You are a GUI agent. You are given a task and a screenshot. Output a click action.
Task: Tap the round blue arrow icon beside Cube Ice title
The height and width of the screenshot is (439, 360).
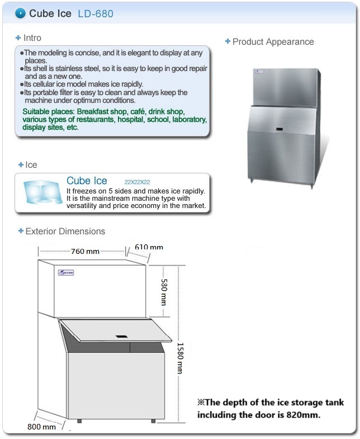point(20,13)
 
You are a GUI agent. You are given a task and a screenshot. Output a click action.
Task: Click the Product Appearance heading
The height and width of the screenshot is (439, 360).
point(273,42)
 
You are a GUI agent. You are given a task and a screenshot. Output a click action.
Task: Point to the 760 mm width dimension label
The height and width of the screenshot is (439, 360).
point(86,251)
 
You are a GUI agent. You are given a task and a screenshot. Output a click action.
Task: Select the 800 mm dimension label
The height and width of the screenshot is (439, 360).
point(42,427)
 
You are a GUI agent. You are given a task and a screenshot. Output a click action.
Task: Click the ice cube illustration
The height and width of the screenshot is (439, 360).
point(41,192)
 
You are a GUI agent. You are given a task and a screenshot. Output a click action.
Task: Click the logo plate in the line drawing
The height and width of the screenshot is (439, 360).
point(66,273)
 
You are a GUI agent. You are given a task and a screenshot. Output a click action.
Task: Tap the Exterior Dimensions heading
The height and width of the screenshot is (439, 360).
point(65,231)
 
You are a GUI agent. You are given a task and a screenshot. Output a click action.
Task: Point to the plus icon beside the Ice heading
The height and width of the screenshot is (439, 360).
point(21,165)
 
